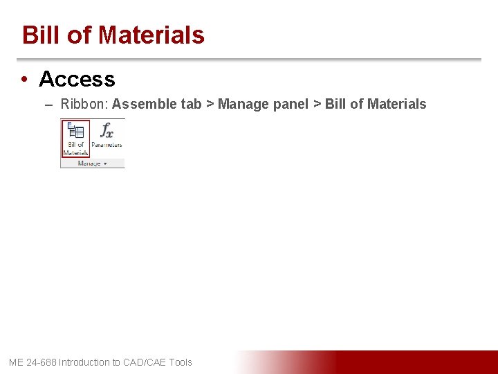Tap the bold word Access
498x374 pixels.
[x=77, y=80]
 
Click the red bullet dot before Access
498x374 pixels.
[x=24, y=80]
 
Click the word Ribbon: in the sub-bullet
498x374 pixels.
[x=84, y=105]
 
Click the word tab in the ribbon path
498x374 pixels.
[x=190, y=105]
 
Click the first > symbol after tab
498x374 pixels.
[x=210, y=105]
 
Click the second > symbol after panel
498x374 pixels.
[x=317, y=105]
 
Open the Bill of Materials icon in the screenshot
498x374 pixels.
[x=75, y=138]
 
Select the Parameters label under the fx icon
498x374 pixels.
[x=107, y=145]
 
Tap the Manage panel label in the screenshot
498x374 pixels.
[x=89, y=163]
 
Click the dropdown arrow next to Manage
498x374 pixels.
[x=106, y=163]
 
